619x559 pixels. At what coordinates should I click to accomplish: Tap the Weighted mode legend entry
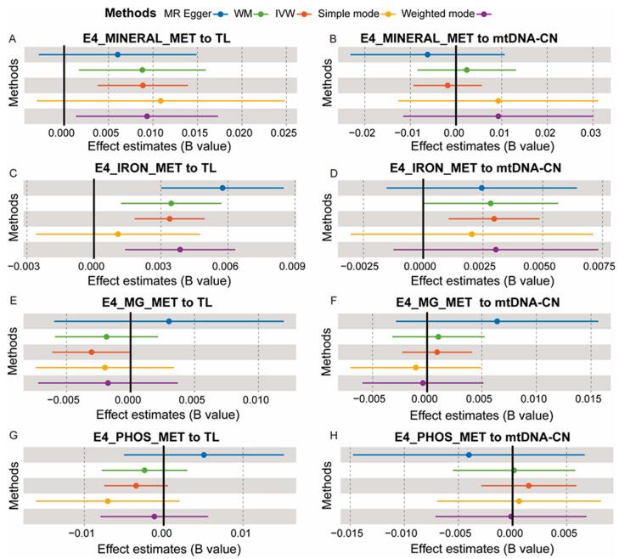coord(459,14)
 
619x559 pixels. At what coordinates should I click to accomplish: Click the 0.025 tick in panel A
coord(285,133)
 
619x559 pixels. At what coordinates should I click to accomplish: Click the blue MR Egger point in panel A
coord(118,54)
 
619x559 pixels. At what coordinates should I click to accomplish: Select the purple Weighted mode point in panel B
coord(498,116)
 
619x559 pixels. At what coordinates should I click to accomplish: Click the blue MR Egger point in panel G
coord(204,455)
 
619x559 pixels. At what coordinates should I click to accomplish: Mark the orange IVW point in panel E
coord(92,352)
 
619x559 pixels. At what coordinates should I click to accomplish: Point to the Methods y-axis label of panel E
coord(13,352)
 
